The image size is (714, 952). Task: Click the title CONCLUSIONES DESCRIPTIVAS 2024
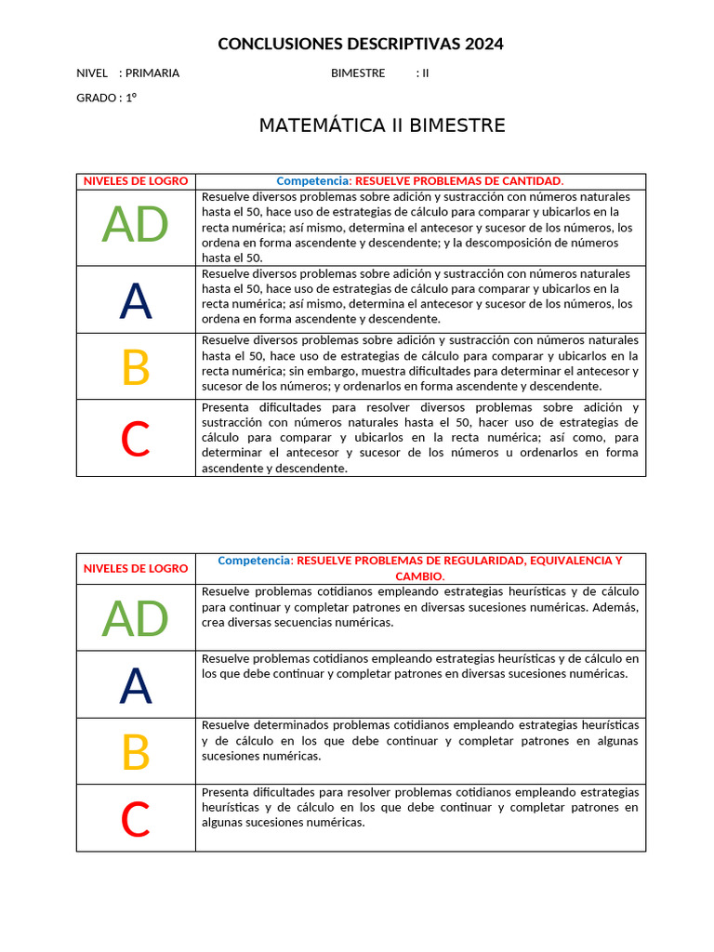[x=360, y=44]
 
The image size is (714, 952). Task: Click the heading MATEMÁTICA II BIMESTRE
[x=381, y=126]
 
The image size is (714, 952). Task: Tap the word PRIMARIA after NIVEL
[x=152, y=73]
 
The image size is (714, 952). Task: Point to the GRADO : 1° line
[x=106, y=98]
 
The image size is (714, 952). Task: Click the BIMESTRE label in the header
[x=358, y=73]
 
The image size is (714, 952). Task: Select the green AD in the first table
[x=136, y=225]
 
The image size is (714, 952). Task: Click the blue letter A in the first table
[x=136, y=300]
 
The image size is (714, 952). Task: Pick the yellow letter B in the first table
[x=136, y=367]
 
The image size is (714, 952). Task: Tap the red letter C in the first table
[x=136, y=439]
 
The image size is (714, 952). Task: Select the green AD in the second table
[x=136, y=618]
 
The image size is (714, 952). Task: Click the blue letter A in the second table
[x=136, y=686]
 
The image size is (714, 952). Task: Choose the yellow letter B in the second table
[x=136, y=751]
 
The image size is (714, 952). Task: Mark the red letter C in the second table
[x=136, y=819]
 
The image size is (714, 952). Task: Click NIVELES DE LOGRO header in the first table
[x=136, y=181]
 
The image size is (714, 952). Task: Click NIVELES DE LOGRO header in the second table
[x=136, y=568]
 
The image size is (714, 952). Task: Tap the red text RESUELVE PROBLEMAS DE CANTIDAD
[x=459, y=181]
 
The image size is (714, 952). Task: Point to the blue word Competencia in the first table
[x=312, y=181]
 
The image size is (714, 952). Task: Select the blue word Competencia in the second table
[x=254, y=561]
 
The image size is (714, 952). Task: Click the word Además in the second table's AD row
[x=616, y=607]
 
